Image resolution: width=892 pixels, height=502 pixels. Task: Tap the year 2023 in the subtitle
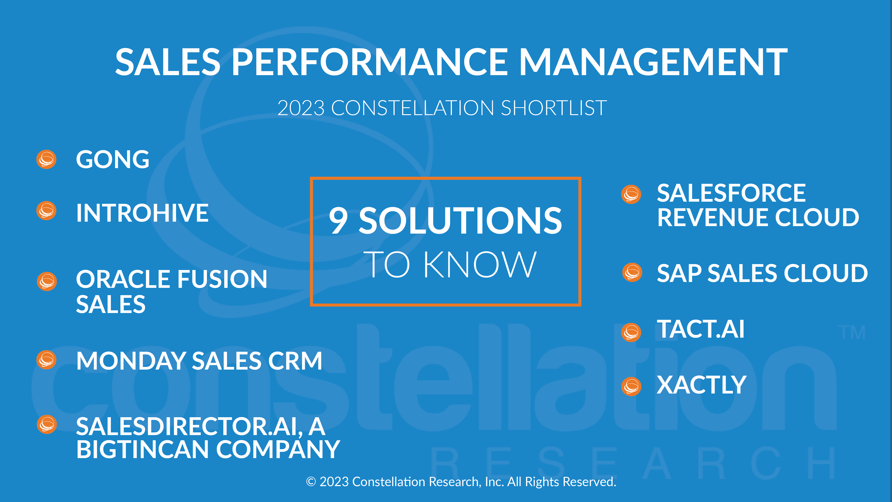tap(301, 108)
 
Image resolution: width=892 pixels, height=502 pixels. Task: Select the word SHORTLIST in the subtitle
tap(554, 108)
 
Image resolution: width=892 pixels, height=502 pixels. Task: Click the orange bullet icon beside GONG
tap(46, 159)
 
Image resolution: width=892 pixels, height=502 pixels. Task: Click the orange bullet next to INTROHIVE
tap(46, 211)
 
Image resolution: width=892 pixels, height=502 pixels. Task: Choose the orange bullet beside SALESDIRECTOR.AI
tap(47, 424)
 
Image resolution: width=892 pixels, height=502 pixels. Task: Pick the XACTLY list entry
tap(701, 385)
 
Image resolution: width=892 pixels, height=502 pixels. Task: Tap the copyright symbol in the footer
tap(311, 482)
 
